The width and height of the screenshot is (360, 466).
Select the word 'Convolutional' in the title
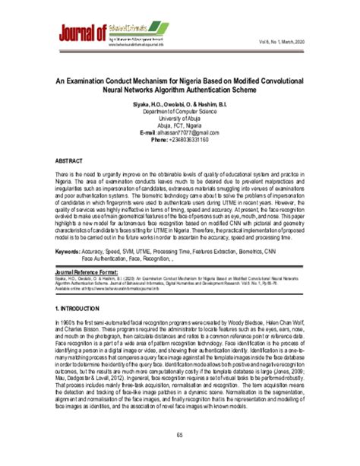(284, 79)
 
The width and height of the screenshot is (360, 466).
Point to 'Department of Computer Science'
(179, 111)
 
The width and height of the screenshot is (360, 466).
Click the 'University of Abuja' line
(179, 119)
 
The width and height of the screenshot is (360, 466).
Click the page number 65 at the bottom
(179, 434)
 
